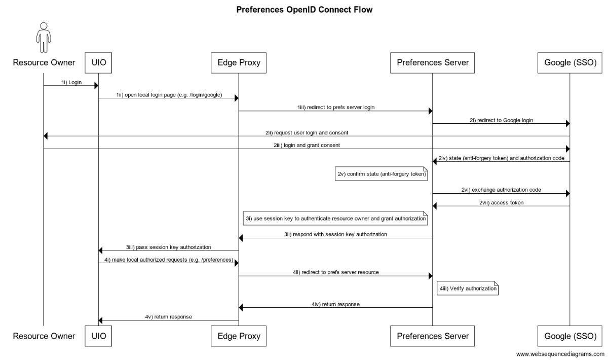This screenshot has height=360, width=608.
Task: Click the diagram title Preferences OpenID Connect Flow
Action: pyautogui.click(x=304, y=10)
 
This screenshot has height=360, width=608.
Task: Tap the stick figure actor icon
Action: pyautogui.click(x=44, y=37)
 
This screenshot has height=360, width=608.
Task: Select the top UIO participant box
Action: pyautogui.click(x=98, y=63)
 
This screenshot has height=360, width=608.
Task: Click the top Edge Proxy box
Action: pyautogui.click(x=239, y=63)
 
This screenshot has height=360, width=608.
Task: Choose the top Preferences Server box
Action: pyautogui.click(x=432, y=63)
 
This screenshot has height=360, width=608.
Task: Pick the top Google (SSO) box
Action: pyautogui.click(x=569, y=63)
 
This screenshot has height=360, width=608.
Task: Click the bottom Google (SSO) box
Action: pyautogui.click(x=569, y=336)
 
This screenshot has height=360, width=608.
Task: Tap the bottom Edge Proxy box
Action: pyautogui.click(x=239, y=336)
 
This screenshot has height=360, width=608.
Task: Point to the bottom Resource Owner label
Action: pyautogui.click(x=44, y=336)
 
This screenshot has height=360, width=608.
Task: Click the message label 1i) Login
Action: pyautogui.click(x=71, y=82)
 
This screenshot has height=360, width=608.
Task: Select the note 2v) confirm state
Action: pyautogui.click(x=382, y=174)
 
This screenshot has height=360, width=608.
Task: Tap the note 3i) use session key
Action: pyautogui.click(x=335, y=218)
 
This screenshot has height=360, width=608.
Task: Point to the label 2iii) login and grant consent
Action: pyautogui.click(x=307, y=145)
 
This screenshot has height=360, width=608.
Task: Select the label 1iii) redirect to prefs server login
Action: pyautogui.click(x=335, y=107)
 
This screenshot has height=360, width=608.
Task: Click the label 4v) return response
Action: pyautogui.click(x=168, y=316)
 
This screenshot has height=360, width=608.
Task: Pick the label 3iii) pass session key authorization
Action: pyautogui.click(x=168, y=247)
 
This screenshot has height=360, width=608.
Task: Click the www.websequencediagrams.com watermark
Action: pyautogui.click(x=560, y=354)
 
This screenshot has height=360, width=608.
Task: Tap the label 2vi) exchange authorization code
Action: pyautogui.click(x=501, y=190)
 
